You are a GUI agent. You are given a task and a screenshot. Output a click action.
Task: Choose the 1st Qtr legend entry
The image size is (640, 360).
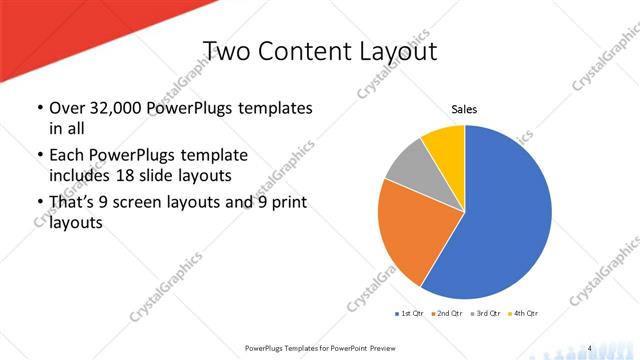point(409,314)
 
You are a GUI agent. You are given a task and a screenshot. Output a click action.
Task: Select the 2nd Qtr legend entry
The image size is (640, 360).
point(446,314)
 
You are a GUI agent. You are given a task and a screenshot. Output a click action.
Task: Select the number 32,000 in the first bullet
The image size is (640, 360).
point(104,108)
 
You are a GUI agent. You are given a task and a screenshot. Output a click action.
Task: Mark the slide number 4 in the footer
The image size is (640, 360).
point(590,346)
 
